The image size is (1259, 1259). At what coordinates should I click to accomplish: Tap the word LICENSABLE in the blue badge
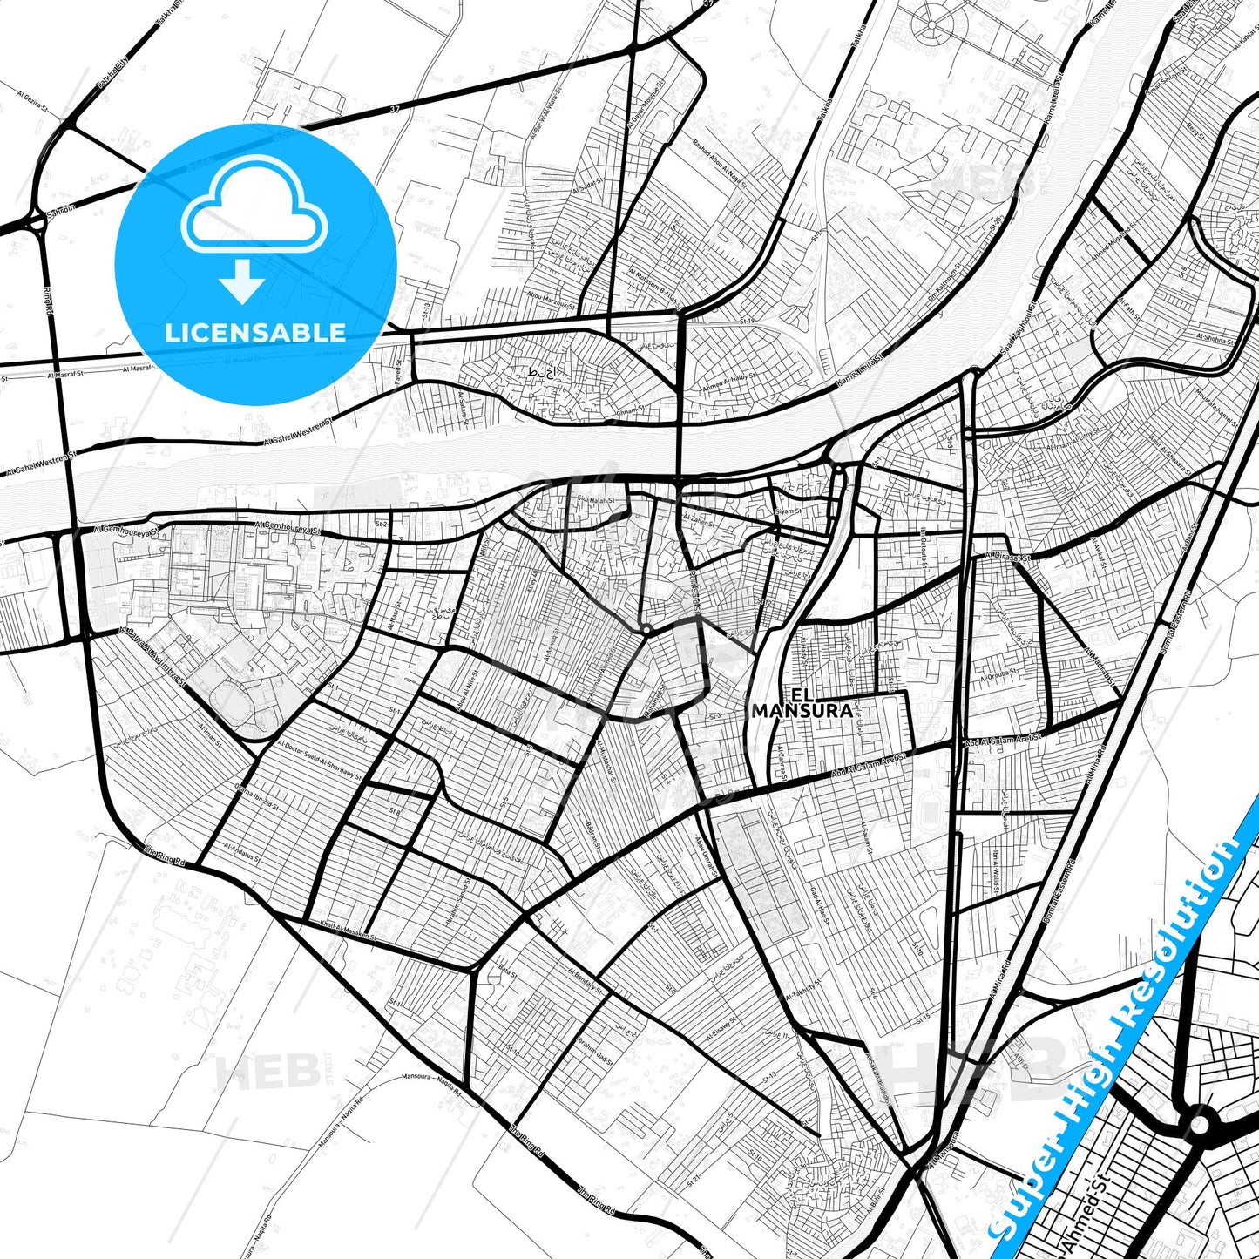click(x=255, y=332)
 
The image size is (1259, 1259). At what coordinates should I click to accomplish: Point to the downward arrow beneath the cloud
click(x=242, y=281)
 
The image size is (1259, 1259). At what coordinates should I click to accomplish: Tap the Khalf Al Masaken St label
click(x=348, y=931)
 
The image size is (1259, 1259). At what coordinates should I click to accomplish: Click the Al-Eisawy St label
click(x=721, y=1031)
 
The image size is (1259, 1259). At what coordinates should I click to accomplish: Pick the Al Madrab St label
click(x=1101, y=664)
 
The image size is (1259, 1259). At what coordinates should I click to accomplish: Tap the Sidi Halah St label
click(x=596, y=500)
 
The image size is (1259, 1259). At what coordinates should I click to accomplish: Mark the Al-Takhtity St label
click(x=804, y=989)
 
